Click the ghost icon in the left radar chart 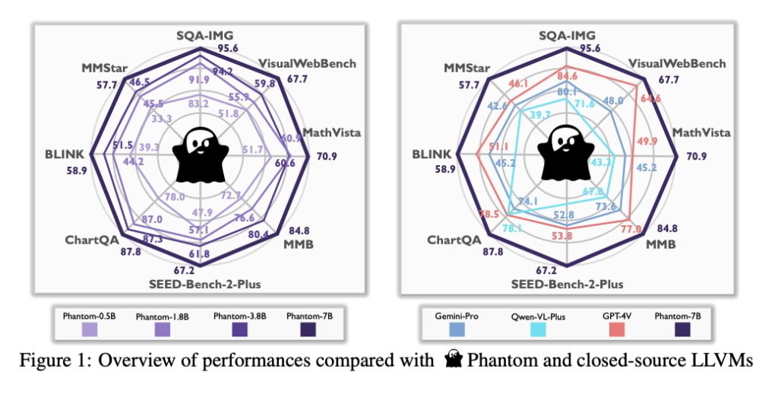pyautogui.click(x=199, y=154)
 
